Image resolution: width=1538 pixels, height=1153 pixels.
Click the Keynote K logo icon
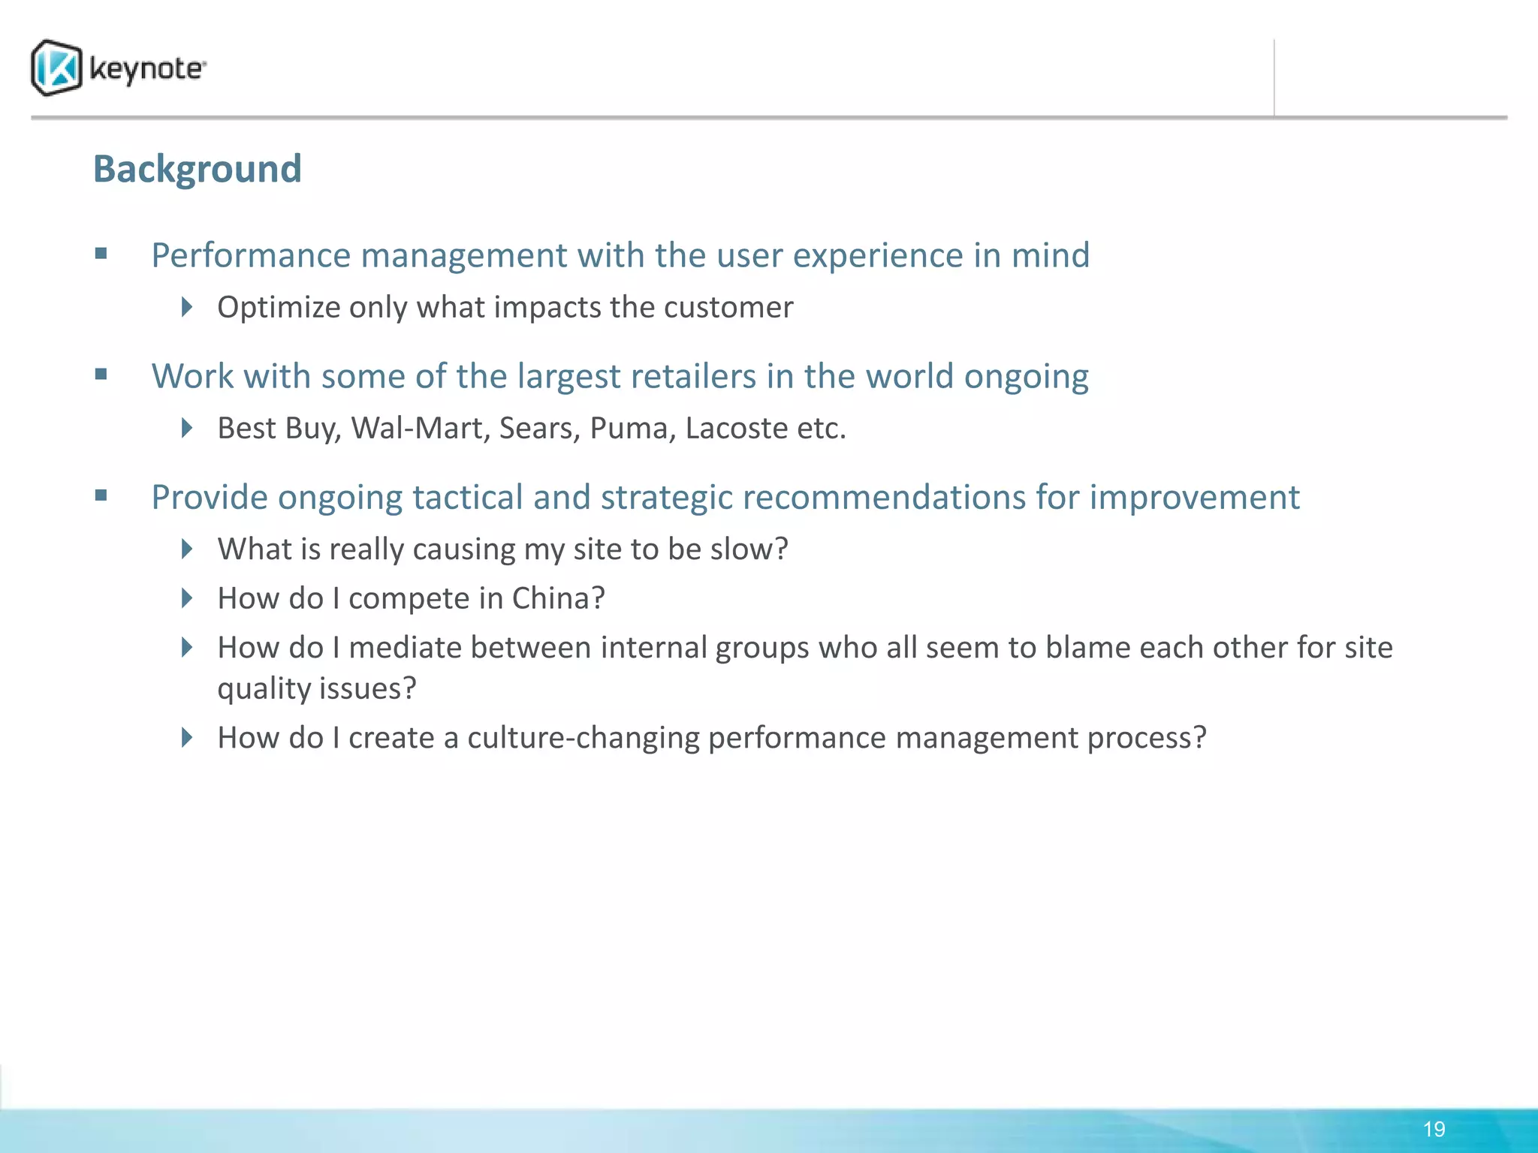[x=56, y=68]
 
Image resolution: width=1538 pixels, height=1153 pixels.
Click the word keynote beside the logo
[x=146, y=69]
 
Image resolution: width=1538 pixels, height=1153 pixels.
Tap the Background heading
[x=197, y=169]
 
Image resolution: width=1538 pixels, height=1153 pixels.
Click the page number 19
[x=1434, y=1129]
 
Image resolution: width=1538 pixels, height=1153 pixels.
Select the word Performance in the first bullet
[x=251, y=256]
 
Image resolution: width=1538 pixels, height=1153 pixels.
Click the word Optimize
[x=278, y=308]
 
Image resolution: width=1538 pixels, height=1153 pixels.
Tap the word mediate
[x=405, y=648]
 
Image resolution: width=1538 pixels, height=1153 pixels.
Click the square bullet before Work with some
[x=101, y=374]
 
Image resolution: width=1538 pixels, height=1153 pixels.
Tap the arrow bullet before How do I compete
[x=187, y=598]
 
